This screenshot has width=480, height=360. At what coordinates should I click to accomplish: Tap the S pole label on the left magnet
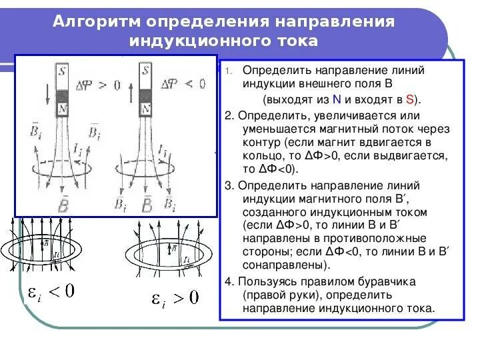tap(62, 69)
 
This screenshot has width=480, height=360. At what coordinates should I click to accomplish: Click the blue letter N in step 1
tap(337, 100)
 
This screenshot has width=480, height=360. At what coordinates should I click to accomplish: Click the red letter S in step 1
tap(409, 100)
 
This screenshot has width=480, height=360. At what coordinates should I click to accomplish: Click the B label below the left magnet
tap(62, 203)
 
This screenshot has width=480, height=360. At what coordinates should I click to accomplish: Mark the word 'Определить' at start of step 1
tap(273, 70)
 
